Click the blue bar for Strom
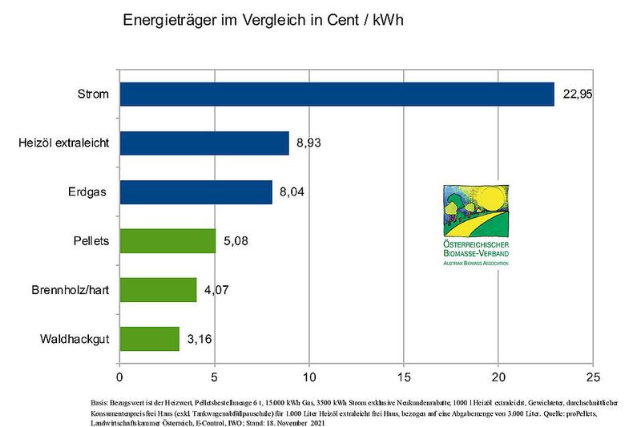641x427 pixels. (337, 95)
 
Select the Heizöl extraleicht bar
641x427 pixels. (204, 143)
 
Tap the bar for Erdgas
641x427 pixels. (196, 192)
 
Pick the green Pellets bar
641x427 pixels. (167, 241)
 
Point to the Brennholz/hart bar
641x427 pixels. (158, 290)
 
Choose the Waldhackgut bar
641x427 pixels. (149, 339)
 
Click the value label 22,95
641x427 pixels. (579, 95)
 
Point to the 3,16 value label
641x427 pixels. (200, 339)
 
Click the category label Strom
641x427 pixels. (94, 95)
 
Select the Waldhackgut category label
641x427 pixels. (75, 339)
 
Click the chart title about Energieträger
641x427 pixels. (261, 20)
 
